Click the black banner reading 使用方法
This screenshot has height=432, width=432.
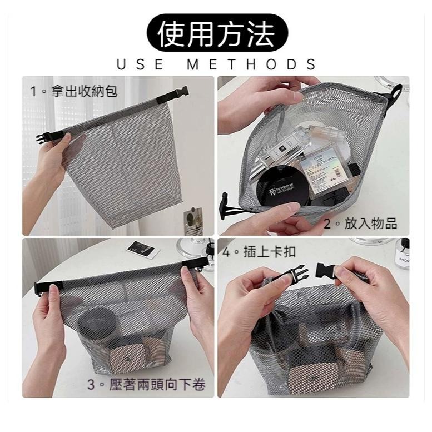click(x=216, y=34)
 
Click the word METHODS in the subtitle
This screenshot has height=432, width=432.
click(x=251, y=64)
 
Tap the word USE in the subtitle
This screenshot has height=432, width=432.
click(x=140, y=64)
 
